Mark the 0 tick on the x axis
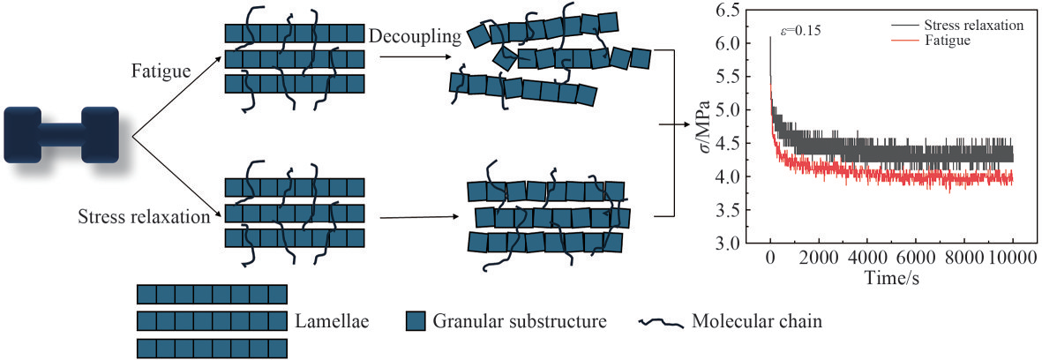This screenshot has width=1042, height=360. (x=770, y=259)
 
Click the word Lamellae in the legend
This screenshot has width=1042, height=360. (x=332, y=321)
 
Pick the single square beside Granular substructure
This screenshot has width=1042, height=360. (x=416, y=321)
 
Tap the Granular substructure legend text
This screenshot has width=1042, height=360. (x=520, y=321)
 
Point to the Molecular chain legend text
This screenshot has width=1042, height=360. (x=758, y=321)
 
